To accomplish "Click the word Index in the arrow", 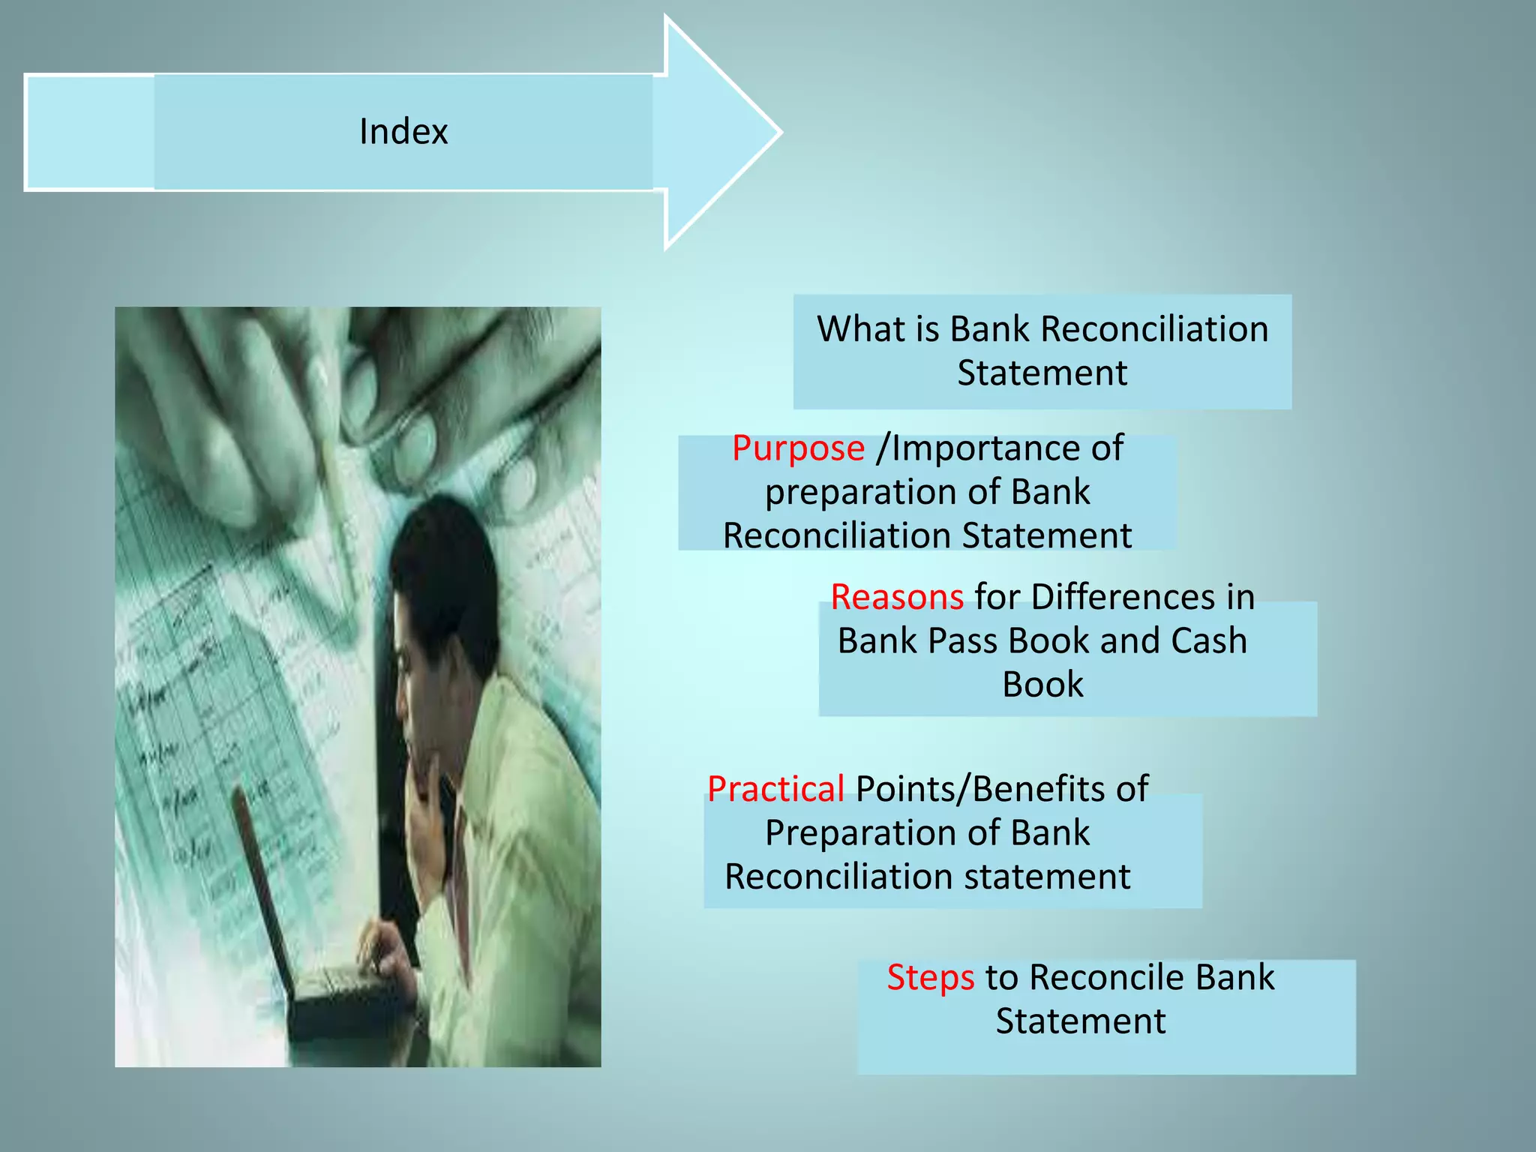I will pyautogui.click(x=403, y=132).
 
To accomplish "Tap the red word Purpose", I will pyautogui.click(x=798, y=448).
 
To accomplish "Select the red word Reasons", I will pyautogui.click(x=897, y=597).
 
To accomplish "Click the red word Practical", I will pyautogui.click(x=775, y=789).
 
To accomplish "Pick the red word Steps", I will pyautogui.click(x=931, y=977).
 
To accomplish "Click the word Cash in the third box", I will pyautogui.click(x=1208, y=640).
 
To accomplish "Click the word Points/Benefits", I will pyautogui.click(x=1002, y=789).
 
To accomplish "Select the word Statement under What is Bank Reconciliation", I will pyautogui.click(x=1042, y=373).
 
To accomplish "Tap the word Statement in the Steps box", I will pyautogui.click(x=1080, y=1021).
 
